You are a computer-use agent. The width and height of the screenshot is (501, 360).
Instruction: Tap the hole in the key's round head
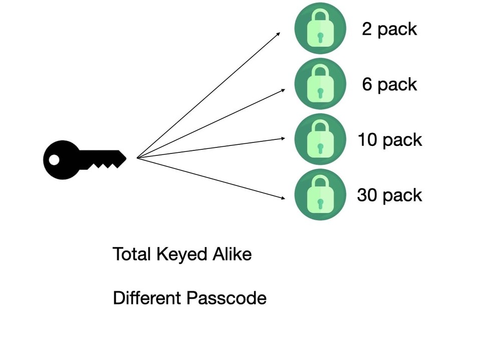54,160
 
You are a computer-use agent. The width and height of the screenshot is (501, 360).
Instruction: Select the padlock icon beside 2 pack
320,28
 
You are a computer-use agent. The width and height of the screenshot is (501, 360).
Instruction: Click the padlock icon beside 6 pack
320,84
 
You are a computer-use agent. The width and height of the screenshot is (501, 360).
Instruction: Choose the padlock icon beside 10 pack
320,139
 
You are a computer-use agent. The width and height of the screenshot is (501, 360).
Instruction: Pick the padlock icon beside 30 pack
320,195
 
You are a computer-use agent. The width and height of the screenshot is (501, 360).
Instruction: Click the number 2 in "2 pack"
367,29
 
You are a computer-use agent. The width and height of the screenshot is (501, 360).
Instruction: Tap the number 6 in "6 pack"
367,84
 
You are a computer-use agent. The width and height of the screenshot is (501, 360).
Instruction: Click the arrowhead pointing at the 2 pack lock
279,35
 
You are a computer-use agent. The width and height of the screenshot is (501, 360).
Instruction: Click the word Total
132,254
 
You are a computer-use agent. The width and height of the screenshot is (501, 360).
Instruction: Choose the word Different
148,298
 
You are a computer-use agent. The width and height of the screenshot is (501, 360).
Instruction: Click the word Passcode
226,298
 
